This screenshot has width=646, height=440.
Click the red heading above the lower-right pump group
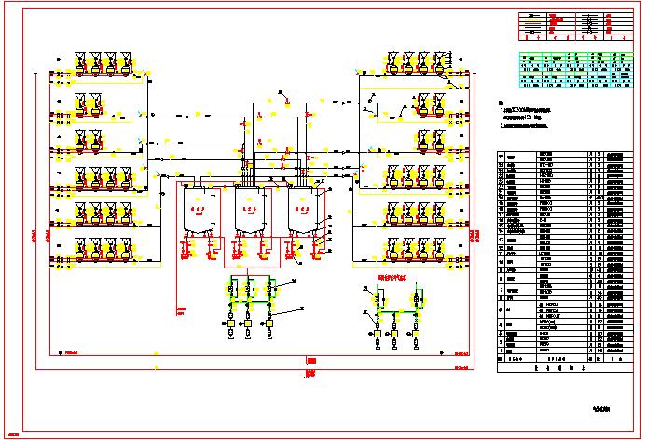pos(392,277)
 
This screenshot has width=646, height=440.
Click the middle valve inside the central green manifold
pos(249,290)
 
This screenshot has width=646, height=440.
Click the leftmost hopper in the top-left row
pos(80,62)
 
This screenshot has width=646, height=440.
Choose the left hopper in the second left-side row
pos(81,101)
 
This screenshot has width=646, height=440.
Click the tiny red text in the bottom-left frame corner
pos(38,435)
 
